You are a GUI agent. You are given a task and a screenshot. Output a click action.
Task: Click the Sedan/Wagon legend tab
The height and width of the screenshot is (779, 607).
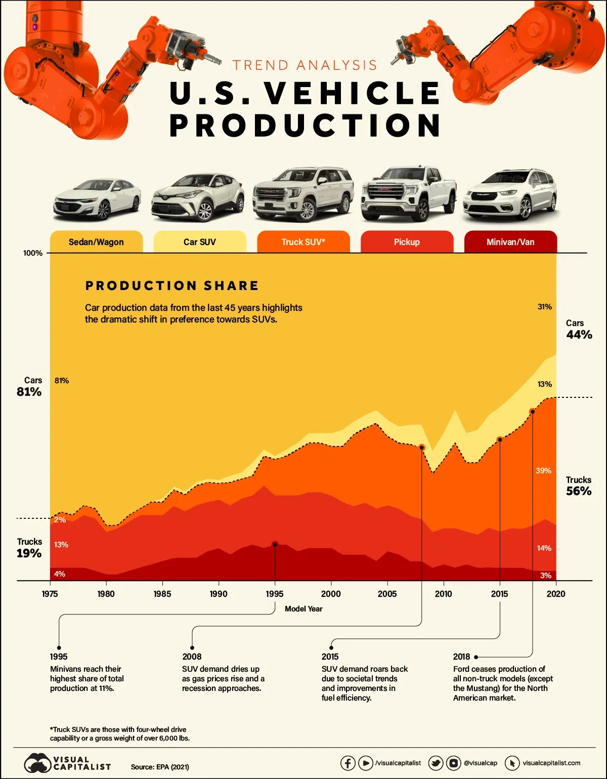point(96,242)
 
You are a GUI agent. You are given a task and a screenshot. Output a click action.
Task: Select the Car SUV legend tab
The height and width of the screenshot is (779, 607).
point(200,242)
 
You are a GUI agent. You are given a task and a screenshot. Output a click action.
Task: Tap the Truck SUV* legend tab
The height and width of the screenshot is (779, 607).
point(303,242)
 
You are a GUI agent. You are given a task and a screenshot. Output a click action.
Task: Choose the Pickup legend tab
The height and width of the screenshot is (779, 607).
point(407,242)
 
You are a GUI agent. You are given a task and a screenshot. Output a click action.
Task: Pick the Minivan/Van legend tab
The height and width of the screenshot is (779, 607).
point(510,242)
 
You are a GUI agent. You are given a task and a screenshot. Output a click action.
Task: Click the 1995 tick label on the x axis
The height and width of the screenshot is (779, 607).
point(275,594)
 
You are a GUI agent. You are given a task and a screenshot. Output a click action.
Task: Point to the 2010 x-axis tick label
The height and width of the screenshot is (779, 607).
point(444,594)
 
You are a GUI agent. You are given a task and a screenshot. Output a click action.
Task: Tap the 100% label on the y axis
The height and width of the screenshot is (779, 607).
point(33,253)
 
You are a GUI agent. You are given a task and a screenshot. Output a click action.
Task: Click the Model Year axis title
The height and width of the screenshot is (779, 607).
point(303,609)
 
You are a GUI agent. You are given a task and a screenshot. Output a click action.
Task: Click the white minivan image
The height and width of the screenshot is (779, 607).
point(510,195)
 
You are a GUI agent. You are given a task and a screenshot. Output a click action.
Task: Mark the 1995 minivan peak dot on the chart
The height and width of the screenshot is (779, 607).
point(275,544)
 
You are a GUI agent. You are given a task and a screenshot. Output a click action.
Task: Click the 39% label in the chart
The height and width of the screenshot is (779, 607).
point(543,471)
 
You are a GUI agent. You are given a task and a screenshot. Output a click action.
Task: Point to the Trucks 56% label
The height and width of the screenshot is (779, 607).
point(579,486)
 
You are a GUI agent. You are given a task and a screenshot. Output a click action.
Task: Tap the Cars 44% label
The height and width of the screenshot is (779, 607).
point(579,330)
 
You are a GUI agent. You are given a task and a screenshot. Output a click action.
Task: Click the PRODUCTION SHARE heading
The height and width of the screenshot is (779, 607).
point(172,286)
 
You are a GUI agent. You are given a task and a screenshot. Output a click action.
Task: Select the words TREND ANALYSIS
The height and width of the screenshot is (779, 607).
point(305,65)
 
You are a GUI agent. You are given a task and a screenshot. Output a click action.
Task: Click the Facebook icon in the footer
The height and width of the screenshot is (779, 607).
point(348,763)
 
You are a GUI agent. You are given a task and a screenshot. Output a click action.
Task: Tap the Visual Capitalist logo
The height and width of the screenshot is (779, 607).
point(67,763)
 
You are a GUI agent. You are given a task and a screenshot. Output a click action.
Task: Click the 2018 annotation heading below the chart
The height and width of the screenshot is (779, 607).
point(461,657)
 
